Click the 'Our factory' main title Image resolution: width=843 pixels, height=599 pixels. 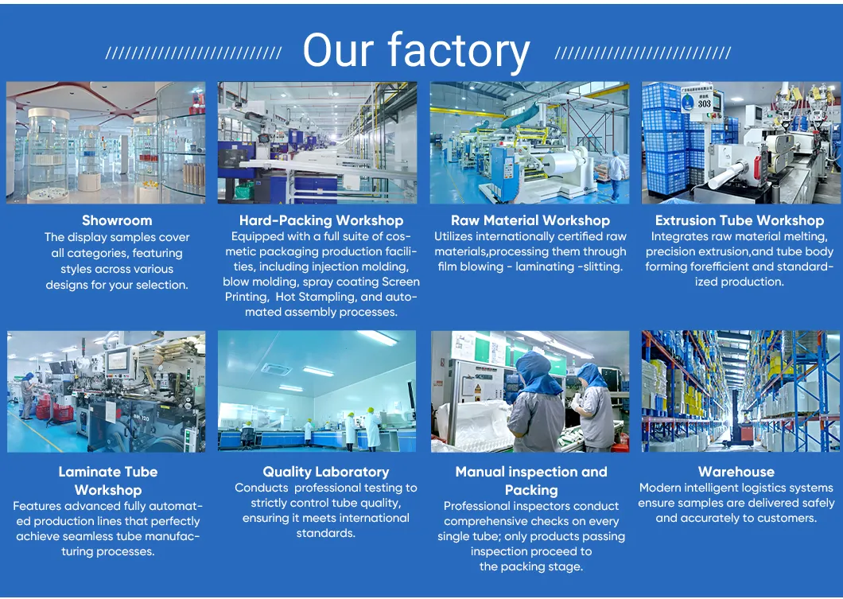[416, 52]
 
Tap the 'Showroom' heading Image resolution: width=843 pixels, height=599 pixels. [117, 220]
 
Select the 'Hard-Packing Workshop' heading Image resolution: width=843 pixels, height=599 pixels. [321, 220]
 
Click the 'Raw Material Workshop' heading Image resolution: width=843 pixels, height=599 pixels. [530, 220]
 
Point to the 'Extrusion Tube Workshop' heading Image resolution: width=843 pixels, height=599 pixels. [740, 220]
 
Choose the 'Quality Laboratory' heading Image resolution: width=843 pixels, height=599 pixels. [326, 472]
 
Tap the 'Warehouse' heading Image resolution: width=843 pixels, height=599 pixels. [736, 472]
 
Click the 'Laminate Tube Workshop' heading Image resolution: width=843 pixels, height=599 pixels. [108, 480]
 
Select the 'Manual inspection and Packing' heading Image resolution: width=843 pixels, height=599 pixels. [530, 480]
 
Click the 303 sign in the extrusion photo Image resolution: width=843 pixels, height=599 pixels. [705, 102]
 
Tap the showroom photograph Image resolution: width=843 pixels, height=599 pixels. [106, 142]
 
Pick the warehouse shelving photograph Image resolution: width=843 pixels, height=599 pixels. [740, 391]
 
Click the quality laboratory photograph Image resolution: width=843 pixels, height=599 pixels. [318, 391]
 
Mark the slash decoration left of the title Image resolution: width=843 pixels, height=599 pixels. [193, 53]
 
